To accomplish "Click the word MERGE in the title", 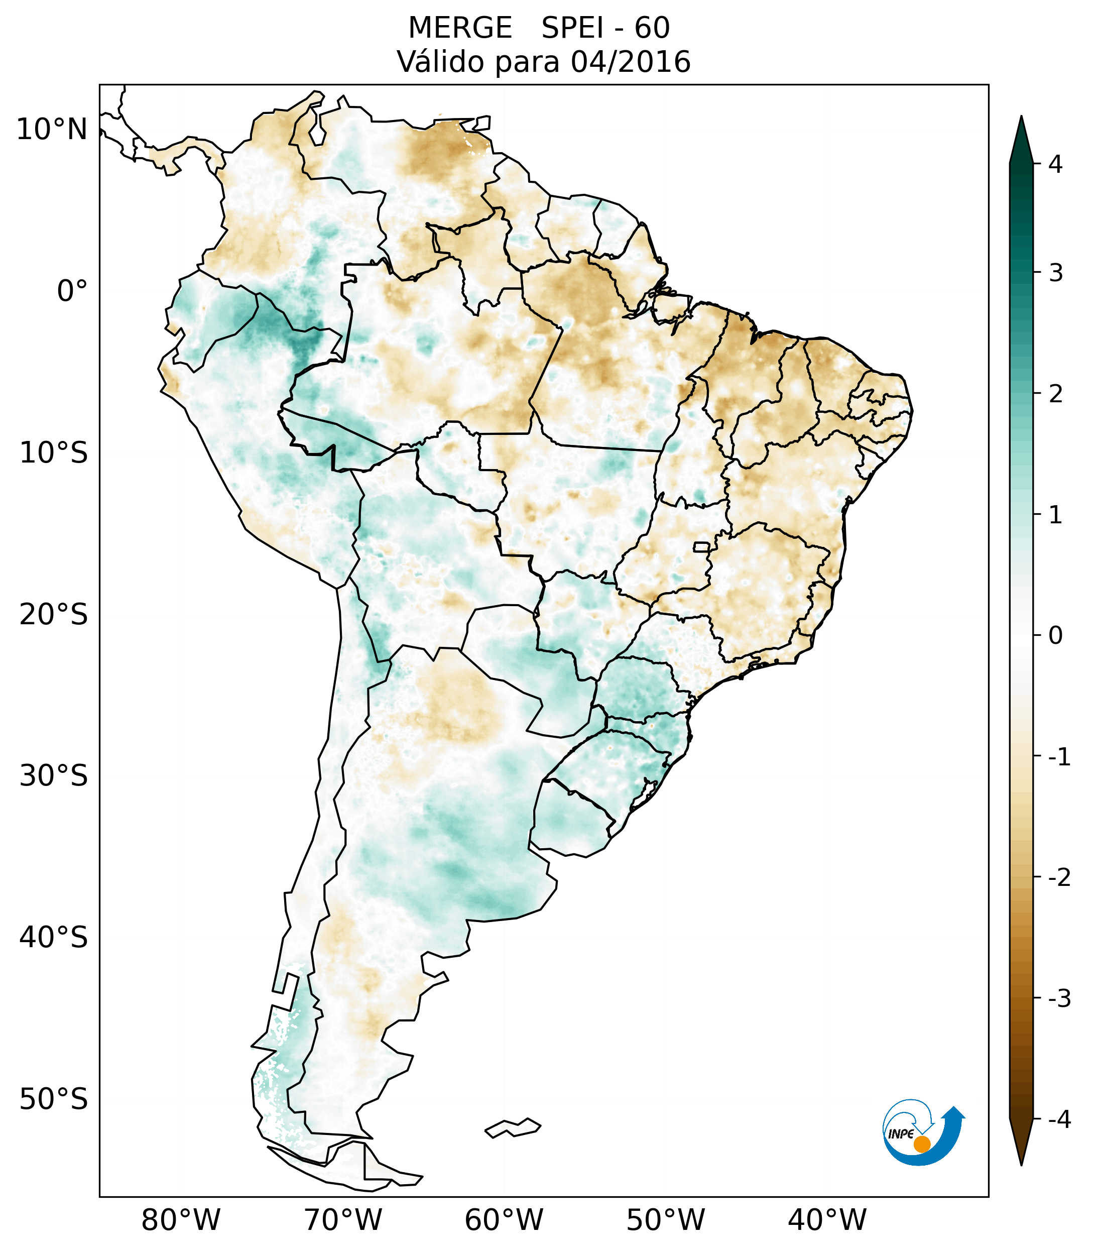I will (x=459, y=28).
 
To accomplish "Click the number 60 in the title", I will (x=652, y=28).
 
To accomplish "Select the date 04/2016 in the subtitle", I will (x=630, y=62).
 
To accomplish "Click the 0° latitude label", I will (x=72, y=291).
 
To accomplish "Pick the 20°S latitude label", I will (x=54, y=615).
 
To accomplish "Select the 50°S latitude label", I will (x=54, y=1099).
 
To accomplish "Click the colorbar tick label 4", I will (x=1055, y=164).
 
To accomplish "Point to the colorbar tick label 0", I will (x=1055, y=636).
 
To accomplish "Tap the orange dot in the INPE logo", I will (x=922, y=1144).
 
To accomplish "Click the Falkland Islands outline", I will (x=513, y=1127).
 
